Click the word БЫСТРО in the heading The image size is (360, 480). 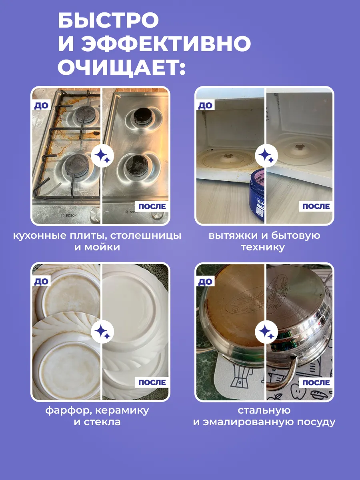click(108, 20)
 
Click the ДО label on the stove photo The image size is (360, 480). click(42, 106)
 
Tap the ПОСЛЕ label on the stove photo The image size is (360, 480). click(152, 206)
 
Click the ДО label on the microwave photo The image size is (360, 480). click(206, 106)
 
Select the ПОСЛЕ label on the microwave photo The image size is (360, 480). click(316, 206)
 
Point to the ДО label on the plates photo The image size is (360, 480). click(42, 282)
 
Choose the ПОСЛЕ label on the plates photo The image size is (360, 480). click(152, 382)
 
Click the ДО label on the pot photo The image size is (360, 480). click(206, 282)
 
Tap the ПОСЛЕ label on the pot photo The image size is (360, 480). click(316, 382)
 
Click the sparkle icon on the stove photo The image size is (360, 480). click(102, 156)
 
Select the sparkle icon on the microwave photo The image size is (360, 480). click(266, 156)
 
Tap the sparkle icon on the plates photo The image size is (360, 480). click(102, 332)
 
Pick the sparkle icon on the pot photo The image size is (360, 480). click(266, 332)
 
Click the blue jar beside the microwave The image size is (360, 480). click(257, 195)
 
